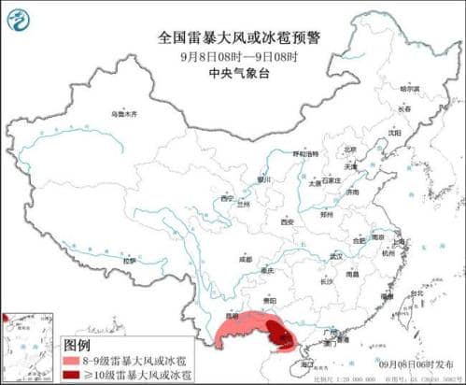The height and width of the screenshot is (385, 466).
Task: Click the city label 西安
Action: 288,221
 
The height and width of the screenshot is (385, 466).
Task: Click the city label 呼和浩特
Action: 305,153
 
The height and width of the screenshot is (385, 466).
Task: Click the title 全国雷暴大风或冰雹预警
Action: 232,38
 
